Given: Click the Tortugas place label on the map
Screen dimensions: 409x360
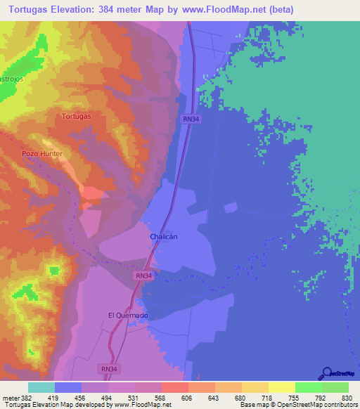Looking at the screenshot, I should (77, 116).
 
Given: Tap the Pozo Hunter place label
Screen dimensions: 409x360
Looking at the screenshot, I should (42, 153).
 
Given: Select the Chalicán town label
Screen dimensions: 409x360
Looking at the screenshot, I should (164, 237).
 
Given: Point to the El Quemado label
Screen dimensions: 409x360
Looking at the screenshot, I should (127, 316).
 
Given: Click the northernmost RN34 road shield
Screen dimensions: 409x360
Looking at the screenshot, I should (191, 119).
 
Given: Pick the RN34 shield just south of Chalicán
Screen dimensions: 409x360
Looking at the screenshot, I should (143, 276).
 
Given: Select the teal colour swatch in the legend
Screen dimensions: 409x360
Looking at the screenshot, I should (41, 387).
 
